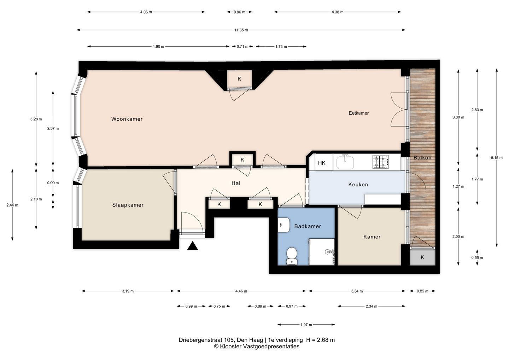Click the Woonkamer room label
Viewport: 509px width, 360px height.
click(x=127, y=119)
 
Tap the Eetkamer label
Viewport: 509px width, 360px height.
click(x=358, y=113)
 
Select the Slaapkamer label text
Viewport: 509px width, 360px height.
click(x=128, y=205)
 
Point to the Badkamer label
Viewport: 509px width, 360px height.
click(x=308, y=226)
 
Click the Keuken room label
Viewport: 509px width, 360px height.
click(x=358, y=185)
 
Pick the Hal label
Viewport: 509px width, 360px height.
click(x=236, y=183)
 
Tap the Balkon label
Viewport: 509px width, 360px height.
click(x=422, y=158)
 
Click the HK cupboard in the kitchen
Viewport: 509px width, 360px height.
click(x=322, y=163)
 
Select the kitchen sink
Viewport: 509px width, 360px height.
click(x=345, y=162)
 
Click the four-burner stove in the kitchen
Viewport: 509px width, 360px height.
click(x=380, y=162)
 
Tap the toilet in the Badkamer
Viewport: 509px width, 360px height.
click(x=292, y=256)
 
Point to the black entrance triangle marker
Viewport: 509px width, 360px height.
click(x=192, y=246)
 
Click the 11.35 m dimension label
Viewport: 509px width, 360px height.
click(x=241, y=30)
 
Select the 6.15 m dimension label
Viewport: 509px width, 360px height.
click(x=497, y=158)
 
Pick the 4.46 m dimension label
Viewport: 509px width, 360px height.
click(x=241, y=291)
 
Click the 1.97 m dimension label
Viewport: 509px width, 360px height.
click(x=306, y=325)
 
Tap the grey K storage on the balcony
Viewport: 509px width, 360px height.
click(x=422, y=257)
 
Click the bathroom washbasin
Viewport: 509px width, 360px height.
click(x=283, y=225)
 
